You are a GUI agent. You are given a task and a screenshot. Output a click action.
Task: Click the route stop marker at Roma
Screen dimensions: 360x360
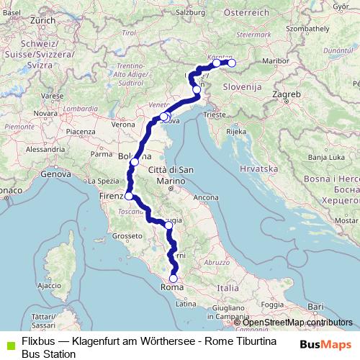(x=174, y=279)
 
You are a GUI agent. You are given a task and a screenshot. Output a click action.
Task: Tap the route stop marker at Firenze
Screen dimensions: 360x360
(x=129, y=196)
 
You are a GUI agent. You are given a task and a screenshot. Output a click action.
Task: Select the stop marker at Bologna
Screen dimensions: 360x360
(x=135, y=162)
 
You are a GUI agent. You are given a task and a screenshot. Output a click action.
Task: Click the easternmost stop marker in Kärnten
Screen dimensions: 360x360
(x=232, y=63)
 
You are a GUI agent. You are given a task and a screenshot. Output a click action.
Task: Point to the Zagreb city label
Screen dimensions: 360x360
(x=286, y=94)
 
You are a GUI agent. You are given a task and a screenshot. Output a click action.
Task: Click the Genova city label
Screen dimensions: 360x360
(x=55, y=174)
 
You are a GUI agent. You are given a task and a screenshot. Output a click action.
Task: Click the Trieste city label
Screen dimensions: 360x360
(x=214, y=114)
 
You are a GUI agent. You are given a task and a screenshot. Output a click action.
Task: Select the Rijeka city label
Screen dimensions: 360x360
(x=235, y=132)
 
